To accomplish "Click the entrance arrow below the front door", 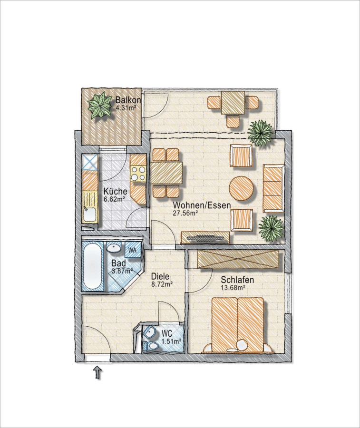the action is (x=97, y=372).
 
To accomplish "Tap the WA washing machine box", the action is (x=132, y=250).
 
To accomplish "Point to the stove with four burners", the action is (x=138, y=173).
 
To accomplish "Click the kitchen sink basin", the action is (x=89, y=214).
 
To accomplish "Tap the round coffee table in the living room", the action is (x=242, y=188).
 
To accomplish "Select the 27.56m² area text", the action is (x=185, y=213).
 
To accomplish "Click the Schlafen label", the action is (x=237, y=280).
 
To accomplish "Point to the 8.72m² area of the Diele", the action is (x=162, y=284).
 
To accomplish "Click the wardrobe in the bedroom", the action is (x=238, y=259).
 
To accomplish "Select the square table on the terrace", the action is (x=233, y=103).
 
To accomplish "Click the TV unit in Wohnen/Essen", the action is (x=205, y=237).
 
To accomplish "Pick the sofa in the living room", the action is (x=273, y=188).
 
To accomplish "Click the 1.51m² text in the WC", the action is (x=172, y=341).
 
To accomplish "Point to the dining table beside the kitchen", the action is (x=166, y=173).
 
